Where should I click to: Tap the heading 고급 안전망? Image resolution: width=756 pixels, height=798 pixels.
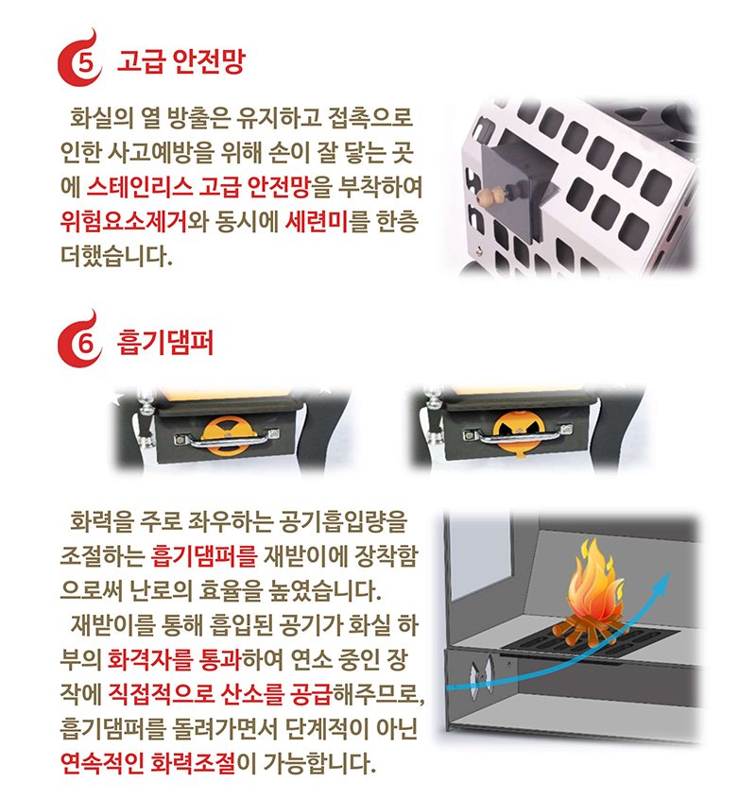[x=180, y=63]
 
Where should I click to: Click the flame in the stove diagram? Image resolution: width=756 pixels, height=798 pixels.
[x=592, y=590]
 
